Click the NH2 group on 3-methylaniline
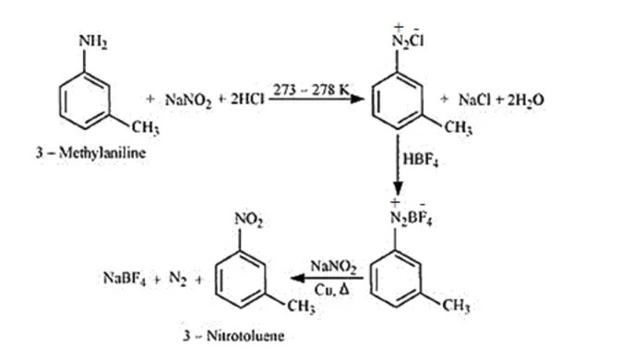pos(93,42)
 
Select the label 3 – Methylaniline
pos(90,152)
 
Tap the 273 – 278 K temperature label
pos(311,90)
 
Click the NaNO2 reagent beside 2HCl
pos(188,100)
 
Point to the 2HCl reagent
pos(247,99)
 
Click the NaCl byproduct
pos(473,100)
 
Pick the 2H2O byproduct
pos(525,100)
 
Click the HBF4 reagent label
pos(421,160)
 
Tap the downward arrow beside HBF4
pos(398,165)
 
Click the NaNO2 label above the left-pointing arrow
pos(333,267)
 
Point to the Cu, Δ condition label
pos(332,289)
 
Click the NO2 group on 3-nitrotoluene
pos(249,220)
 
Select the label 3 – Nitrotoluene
pos(233,335)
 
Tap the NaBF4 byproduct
pos(125,279)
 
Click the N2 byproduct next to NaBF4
pos(178,279)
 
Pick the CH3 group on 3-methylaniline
pos(146,128)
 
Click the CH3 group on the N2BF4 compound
pos(456,306)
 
